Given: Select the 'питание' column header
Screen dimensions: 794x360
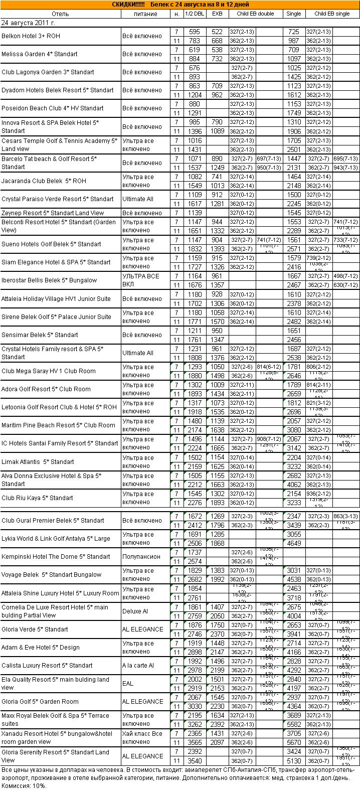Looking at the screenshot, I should (x=145, y=14).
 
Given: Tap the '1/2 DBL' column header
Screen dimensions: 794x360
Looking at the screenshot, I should (x=195, y=14).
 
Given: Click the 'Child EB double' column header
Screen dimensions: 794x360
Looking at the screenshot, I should (x=255, y=14).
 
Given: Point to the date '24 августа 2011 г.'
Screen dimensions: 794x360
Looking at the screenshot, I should (x=29, y=23).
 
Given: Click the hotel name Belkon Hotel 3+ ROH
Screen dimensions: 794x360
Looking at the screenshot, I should (x=30, y=36).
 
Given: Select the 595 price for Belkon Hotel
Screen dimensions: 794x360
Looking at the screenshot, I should (x=195, y=32).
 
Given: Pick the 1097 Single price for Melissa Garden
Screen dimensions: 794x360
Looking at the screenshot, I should (x=294, y=59).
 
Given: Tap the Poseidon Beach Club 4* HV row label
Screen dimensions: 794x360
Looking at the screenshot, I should (x=53, y=108).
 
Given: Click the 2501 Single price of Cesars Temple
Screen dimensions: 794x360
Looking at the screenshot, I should (x=294, y=149).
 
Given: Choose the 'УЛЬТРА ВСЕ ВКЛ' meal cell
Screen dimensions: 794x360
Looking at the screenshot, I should (x=141, y=280).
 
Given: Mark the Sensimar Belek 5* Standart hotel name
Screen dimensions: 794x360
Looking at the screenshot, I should (x=40, y=335).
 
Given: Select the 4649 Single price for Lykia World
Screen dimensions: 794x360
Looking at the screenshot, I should (x=294, y=543).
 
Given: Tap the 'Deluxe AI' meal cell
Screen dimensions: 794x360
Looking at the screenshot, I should (x=135, y=611).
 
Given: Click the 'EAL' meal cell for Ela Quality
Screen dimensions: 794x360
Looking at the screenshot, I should (x=128, y=684).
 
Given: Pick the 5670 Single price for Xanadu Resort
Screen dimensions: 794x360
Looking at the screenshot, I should (x=294, y=742).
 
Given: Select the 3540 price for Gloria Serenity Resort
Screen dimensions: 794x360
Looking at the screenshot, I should (x=195, y=760).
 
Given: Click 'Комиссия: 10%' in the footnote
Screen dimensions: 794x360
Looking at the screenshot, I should (x=24, y=786).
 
